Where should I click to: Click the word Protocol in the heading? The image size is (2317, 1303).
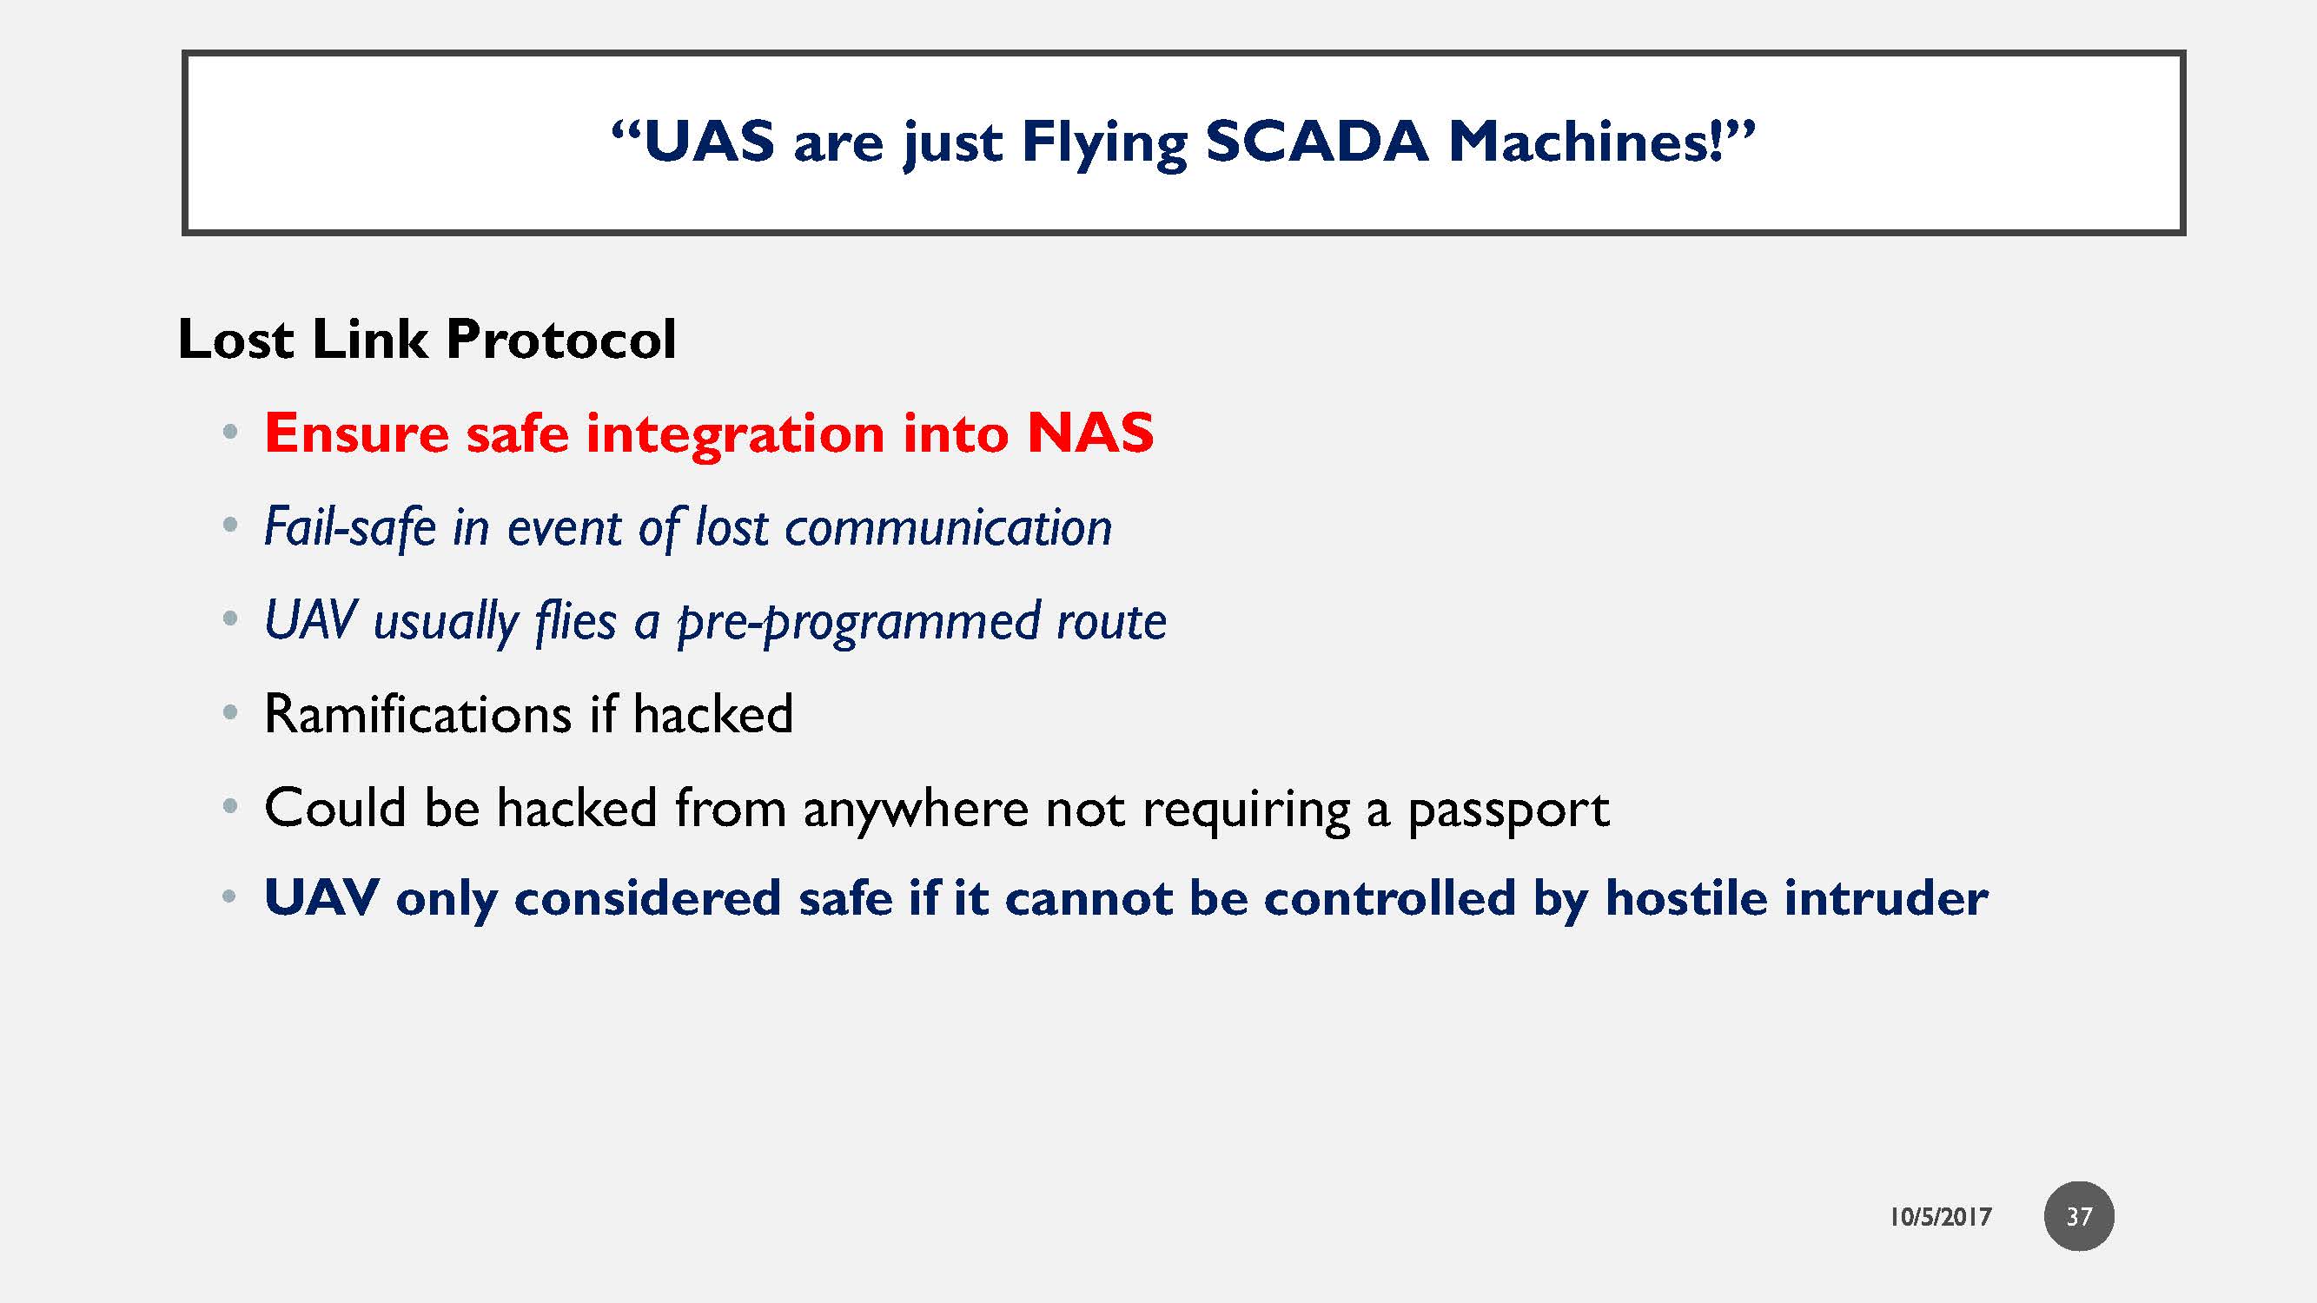coord(560,340)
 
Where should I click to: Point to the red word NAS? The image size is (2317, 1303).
coord(1089,433)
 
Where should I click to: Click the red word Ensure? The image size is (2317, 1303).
coord(356,433)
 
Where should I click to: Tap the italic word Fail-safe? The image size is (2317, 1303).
coord(349,527)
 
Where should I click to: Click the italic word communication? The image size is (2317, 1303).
coord(948,528)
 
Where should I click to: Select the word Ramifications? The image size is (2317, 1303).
coord(417,715)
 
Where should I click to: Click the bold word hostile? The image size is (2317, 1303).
coord(1685,898)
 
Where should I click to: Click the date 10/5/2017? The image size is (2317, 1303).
coord(1940,1217)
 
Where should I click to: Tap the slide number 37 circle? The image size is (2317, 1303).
coord(2078,1216)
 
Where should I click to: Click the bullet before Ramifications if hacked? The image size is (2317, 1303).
coord(230,714)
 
